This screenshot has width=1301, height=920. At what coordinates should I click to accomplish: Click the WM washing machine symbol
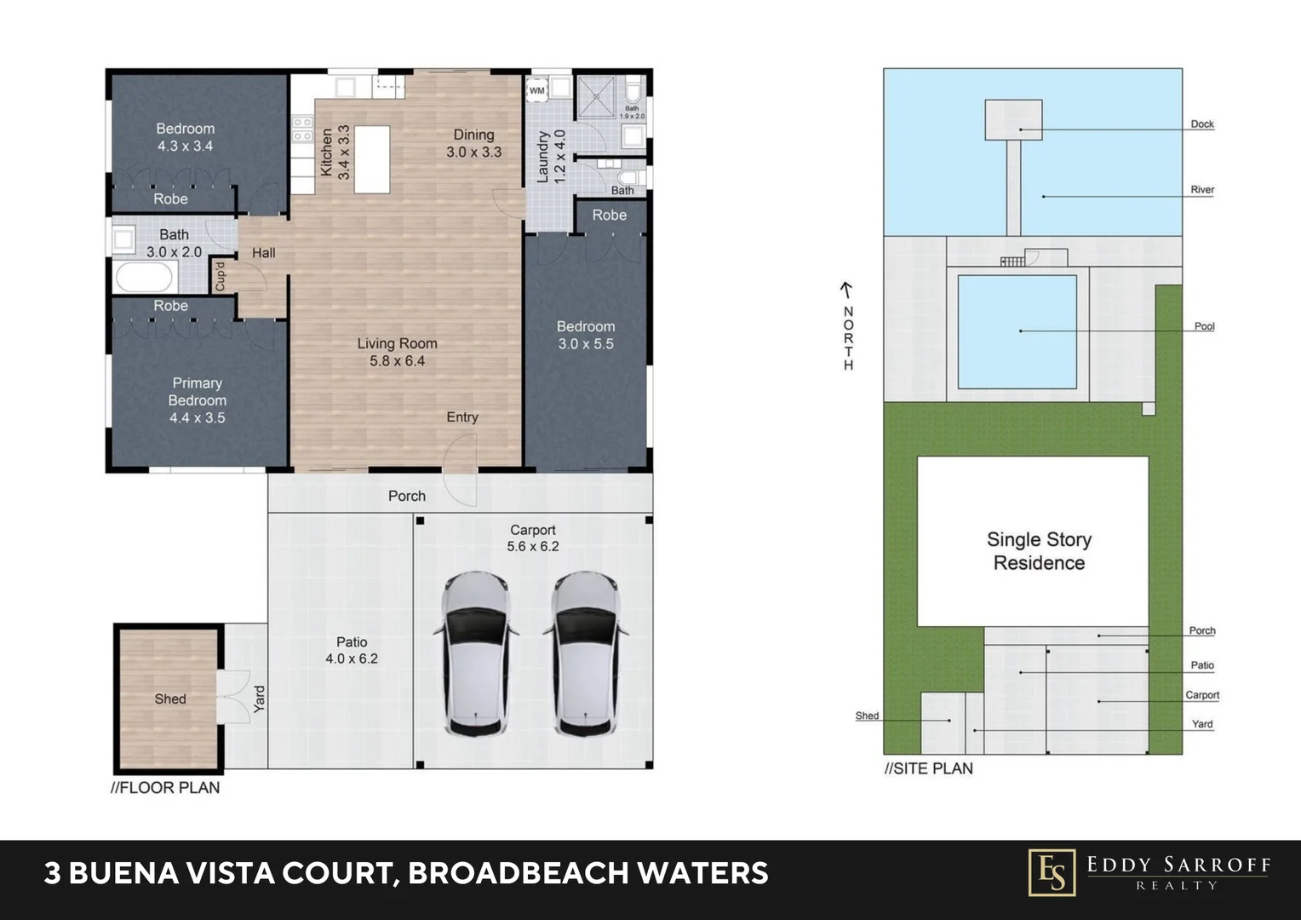[x=537, y=90]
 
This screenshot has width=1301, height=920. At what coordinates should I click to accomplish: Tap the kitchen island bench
[x=372, y=159]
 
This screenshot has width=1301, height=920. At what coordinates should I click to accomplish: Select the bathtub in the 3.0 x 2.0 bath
[x=146, y=277]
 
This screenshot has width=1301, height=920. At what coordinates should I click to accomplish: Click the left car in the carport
[x=476, y=654]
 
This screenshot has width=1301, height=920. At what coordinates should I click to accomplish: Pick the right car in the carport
[x=586, y=654]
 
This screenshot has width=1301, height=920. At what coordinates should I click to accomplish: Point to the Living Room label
[x=398, y=343]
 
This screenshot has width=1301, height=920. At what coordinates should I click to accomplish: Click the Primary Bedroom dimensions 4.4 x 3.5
[x=198, y=417]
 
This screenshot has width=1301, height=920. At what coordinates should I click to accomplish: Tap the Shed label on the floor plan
[x=170, y=699]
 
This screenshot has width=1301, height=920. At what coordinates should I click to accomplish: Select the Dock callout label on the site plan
[x=1202, y=124]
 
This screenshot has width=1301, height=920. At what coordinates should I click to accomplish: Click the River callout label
[x=1202, y=189]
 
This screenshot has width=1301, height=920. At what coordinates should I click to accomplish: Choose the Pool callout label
[x=1205, y=326]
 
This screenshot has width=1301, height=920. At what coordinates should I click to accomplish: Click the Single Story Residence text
[x=1039, y=551]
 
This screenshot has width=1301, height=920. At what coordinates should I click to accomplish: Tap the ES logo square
[x=1052, y=872]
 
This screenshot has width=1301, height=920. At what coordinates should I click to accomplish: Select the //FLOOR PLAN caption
[x=165, y=787]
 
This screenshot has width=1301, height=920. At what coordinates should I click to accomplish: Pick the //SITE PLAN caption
[x=929, y=768]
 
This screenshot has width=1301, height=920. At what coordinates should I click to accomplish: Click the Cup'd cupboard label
[x=220, y=277]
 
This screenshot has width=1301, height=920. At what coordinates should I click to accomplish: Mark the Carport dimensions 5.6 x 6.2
[x=533, y=546]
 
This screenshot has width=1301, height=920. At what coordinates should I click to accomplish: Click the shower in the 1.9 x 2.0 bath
[x=597, y=97]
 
